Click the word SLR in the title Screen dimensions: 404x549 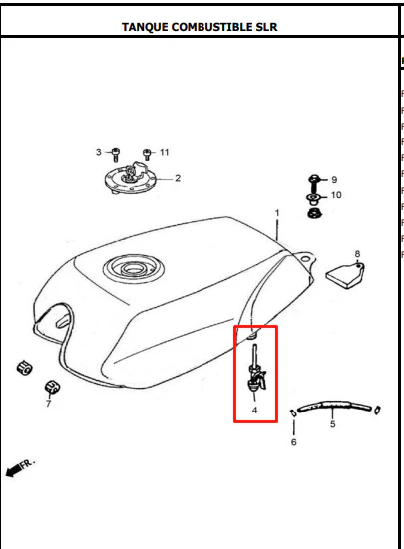coord(266,27)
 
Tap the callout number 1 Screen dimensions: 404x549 coord(277,213)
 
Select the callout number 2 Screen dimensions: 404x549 coord(178,178)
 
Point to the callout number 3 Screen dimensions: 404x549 coord(99,152)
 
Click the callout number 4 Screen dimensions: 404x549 coord(254,410)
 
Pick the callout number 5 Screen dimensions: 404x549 coord(332,424)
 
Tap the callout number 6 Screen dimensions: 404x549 coord(294,442)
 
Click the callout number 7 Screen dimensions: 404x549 coord(48,404)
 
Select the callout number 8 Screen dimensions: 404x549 coord(357,253)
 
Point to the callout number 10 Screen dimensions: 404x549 coord(336,195)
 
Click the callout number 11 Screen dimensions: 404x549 coord(165,152)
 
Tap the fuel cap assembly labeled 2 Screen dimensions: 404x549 coord(131,178)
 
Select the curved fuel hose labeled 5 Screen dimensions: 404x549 coord(334,406)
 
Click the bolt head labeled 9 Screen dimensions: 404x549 coord(313,179)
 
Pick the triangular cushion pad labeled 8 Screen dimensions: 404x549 coord(345,275)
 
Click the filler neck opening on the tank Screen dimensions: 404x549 coord(134,269)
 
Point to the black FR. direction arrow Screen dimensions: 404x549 coord(14,470)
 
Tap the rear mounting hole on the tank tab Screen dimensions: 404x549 coord(305,259)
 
